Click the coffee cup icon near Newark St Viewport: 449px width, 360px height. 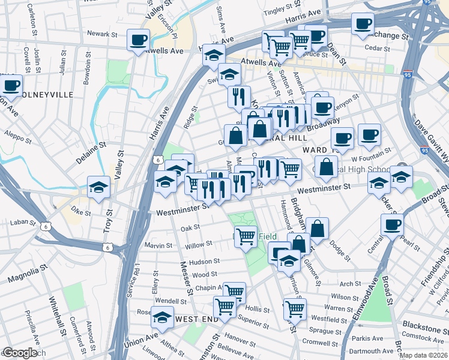(138, 41)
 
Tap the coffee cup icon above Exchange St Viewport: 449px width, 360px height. (363, 25)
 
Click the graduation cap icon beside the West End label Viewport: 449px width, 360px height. (161, 317)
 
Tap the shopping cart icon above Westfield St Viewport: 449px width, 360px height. (295, 310)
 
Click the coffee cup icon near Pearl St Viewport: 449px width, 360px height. (392, 225)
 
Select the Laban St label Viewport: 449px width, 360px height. (24, 223)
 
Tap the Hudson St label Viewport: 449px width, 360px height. (204, 262)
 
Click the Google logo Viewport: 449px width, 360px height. (20, 353)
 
